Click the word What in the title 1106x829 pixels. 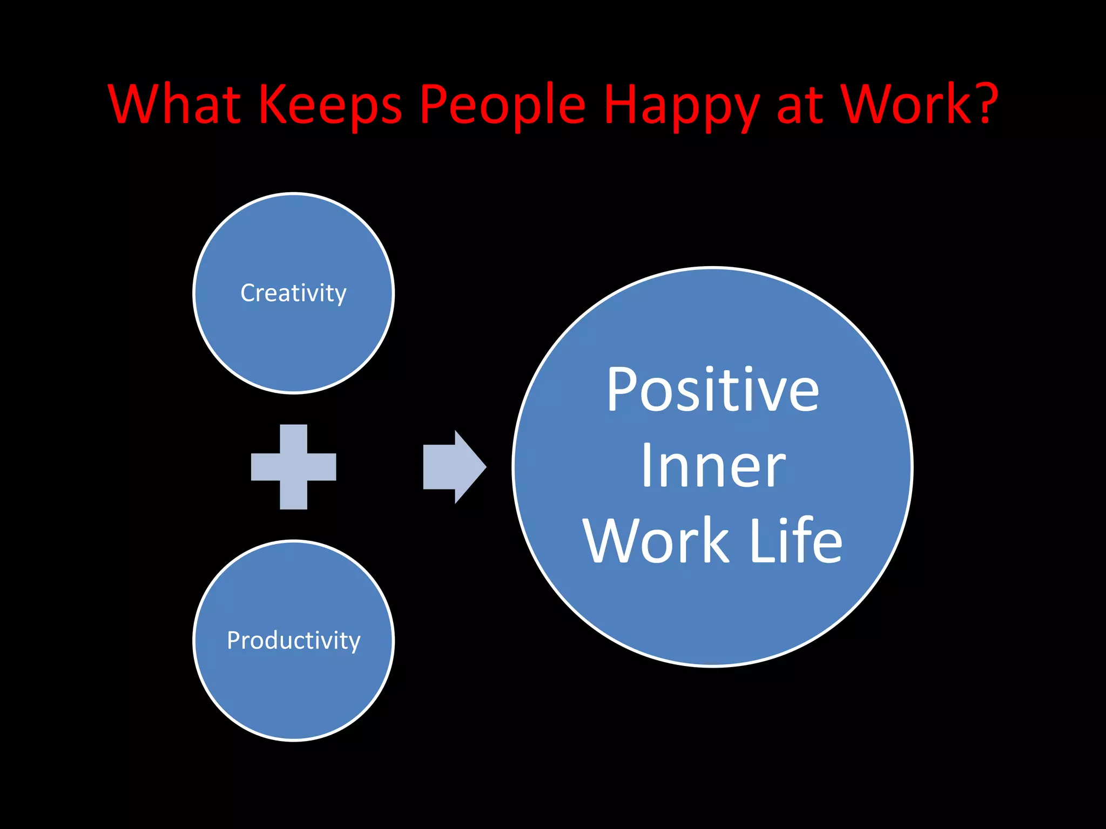click(174, 104)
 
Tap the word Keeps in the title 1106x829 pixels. click(331, 104)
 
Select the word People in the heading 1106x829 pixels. click(503, 105)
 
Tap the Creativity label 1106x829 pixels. click(293, 293)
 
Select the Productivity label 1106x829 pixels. click(293, 641)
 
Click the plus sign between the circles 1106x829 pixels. click(293, 467)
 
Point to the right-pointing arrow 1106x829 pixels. click(454, 467)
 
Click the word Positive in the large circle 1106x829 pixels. click(712, 390)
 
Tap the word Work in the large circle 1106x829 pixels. click(656, 541)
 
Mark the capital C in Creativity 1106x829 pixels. click(248, 293)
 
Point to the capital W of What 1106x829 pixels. click(133, 104)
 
